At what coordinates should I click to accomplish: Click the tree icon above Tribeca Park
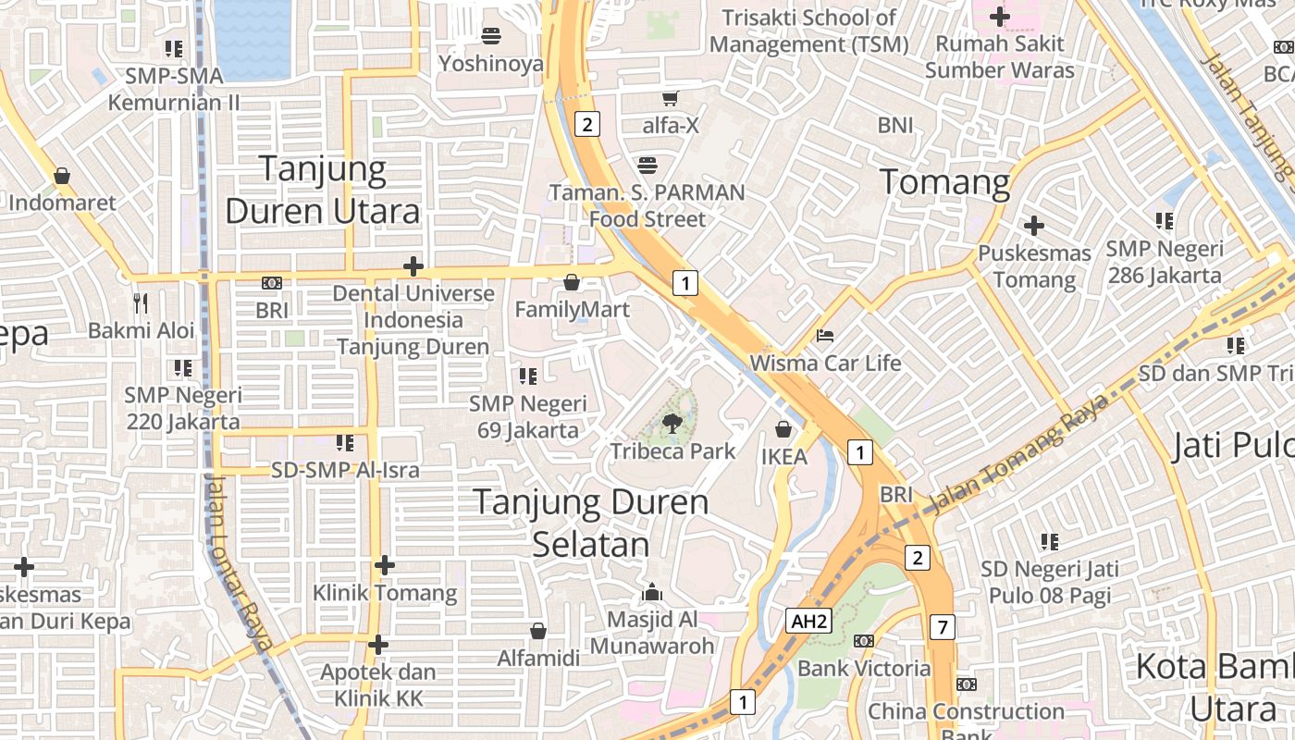[672, 425]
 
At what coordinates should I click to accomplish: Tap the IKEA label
[783, 456]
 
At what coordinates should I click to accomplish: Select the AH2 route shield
[808, 621]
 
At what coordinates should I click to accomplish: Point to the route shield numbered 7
[942, 627]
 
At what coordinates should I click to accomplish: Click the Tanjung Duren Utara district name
[322, 190]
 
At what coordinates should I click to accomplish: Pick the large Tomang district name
[944, 182]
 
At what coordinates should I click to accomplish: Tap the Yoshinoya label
[490, 64]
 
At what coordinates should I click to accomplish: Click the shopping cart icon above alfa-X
[671, 98]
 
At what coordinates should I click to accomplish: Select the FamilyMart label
[572, 309]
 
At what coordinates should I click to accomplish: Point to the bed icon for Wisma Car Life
[825, 335]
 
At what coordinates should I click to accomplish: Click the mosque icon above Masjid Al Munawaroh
[653, 591]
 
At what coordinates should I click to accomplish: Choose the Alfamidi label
[538, 658]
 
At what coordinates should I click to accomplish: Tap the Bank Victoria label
[864, 668]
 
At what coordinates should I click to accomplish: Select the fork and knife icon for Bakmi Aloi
[141, 302]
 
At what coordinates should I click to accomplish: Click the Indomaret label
[62, 203]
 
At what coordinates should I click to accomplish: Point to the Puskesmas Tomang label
[1034, 266]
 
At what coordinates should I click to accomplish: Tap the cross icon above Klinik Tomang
[385, 564]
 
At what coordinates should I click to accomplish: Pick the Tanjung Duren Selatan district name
[591, 523]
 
